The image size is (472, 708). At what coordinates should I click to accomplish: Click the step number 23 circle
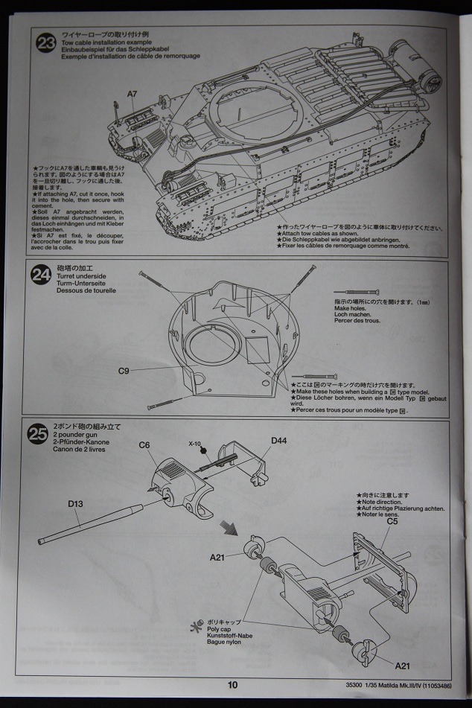click(46, 43)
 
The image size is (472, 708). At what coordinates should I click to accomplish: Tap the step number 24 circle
click(41, 275)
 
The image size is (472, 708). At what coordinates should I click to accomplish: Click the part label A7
click(132, 94)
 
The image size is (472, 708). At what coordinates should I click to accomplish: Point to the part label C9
click(124, 370)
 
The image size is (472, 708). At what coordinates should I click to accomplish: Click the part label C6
click(144, 445)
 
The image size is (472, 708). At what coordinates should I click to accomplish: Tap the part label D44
click(279, 441)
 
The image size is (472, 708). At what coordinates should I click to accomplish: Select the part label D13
click(76, 504)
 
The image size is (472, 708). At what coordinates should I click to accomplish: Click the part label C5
click(392, 521)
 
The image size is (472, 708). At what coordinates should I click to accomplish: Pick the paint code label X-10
click(196, 444)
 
